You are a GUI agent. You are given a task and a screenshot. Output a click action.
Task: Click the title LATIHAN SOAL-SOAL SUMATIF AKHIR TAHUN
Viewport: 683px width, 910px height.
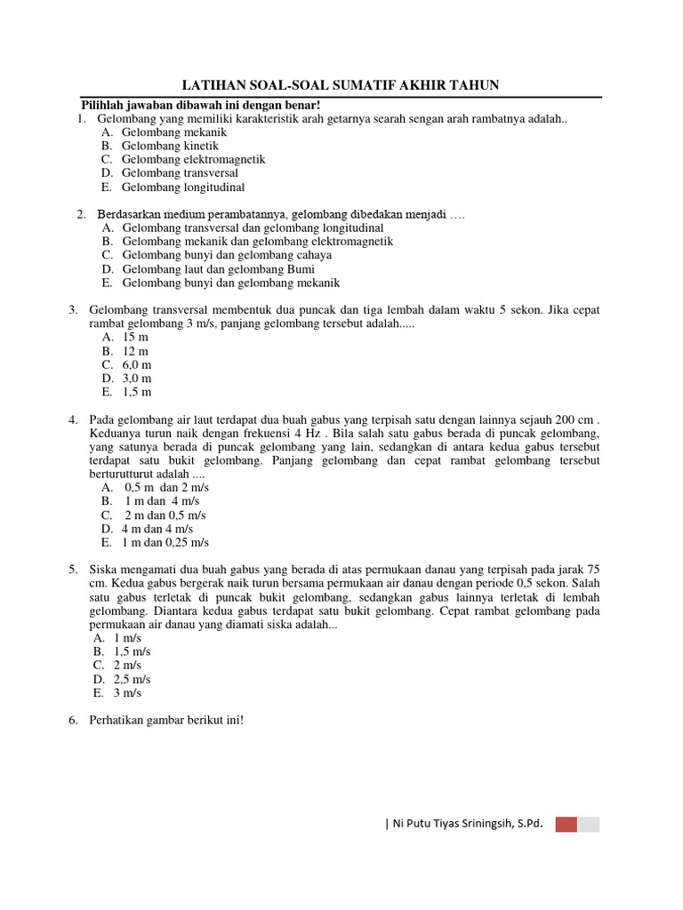click(341, 85)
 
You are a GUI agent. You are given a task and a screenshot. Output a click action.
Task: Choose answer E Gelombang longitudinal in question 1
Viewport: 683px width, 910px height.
click(182, 188)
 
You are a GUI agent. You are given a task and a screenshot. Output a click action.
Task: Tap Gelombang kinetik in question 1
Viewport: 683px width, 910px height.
click(170, 146)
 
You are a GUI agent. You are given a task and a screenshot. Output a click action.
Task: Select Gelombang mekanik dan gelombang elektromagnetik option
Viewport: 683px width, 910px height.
click(257, 241)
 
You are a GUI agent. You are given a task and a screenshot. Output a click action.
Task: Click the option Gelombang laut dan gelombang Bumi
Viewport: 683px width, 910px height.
click(218, 269)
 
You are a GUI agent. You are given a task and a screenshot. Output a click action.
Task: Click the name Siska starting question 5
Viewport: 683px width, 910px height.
click(105, 570)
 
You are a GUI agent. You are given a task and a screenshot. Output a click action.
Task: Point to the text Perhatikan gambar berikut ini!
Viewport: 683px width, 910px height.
click(166, 721)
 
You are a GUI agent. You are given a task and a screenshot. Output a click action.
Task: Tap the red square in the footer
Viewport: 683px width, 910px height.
click(566, 824)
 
